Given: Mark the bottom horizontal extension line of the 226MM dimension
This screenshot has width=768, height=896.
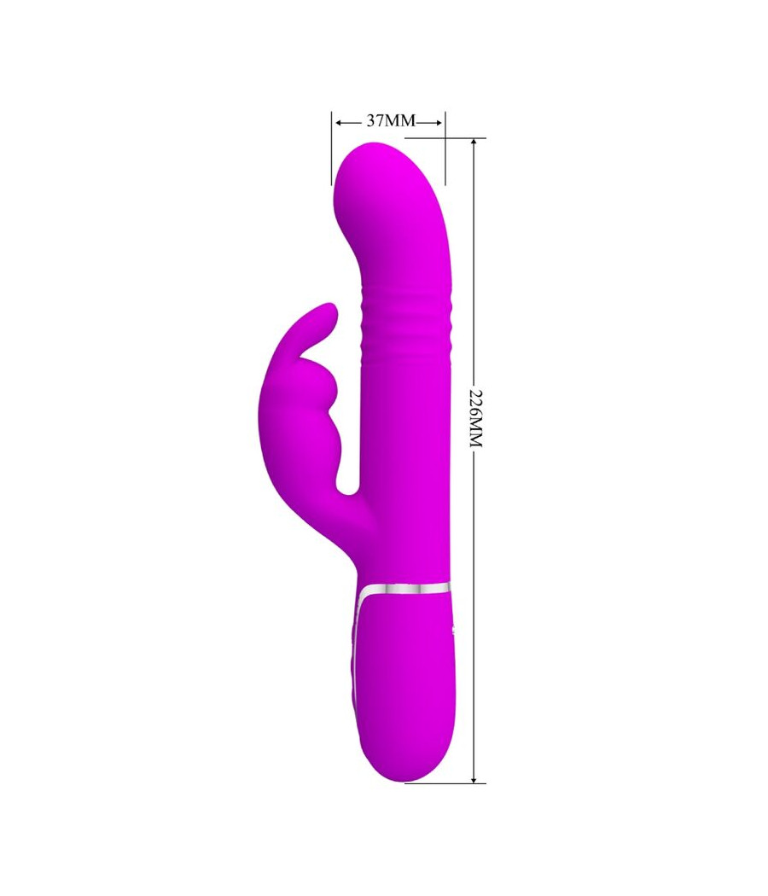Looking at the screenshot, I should [444, 783].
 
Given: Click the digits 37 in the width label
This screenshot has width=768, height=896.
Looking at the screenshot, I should [376, 121].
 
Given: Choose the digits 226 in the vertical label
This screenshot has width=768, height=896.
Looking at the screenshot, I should [475, 402].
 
